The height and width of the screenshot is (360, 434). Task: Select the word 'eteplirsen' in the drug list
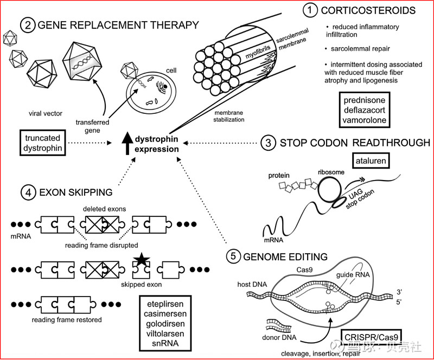pos(165,304)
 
